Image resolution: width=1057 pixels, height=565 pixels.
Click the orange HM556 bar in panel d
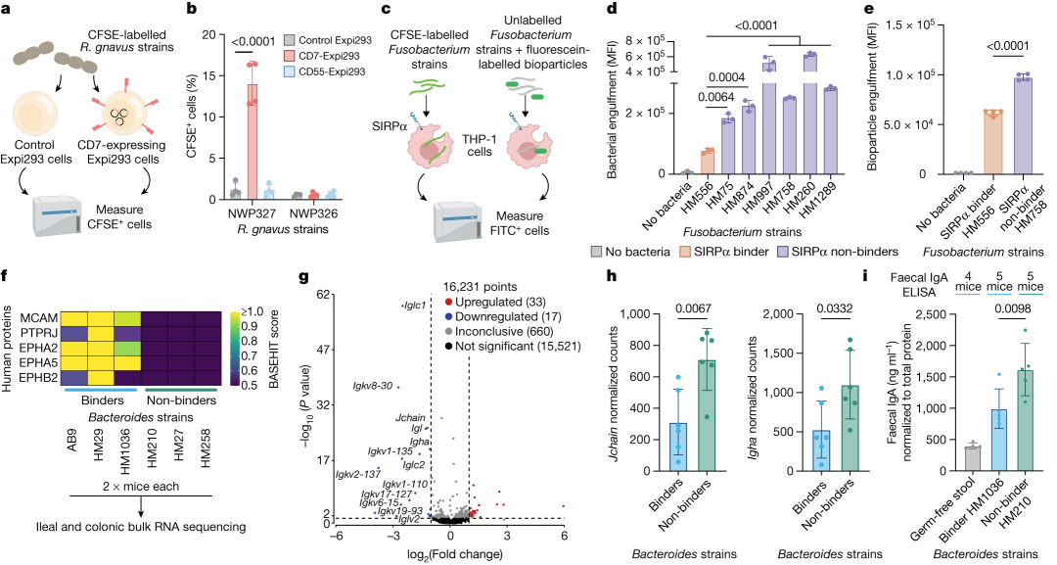706,162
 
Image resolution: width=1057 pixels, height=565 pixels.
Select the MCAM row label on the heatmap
40,317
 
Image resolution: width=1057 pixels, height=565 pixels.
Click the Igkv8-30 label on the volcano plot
374,387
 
